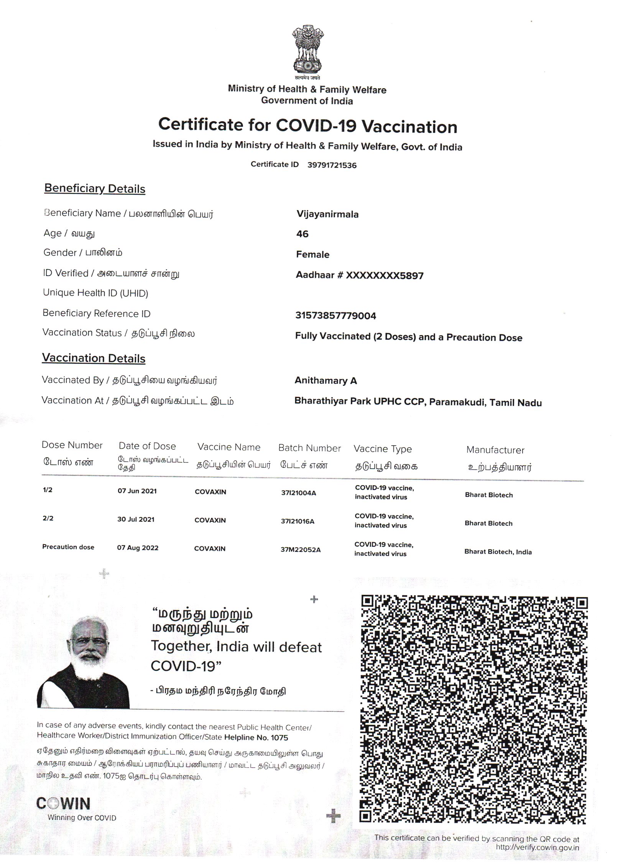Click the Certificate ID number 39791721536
point(332,165)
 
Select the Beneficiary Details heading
point(95,189)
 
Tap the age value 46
point(302,234)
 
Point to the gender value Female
point(312,255)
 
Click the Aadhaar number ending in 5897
point(359,275)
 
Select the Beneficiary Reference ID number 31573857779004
point(335,316)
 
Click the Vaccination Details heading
point(94,358)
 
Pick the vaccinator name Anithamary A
point(326,380)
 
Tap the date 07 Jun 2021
point(137,491)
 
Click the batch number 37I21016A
point(297,521)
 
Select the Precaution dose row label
point(68,547)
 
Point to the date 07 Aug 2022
point(137,548)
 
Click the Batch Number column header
point(309,448)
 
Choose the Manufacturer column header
point(495,450)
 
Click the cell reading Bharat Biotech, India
point(498,552)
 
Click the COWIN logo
point(63,803)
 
